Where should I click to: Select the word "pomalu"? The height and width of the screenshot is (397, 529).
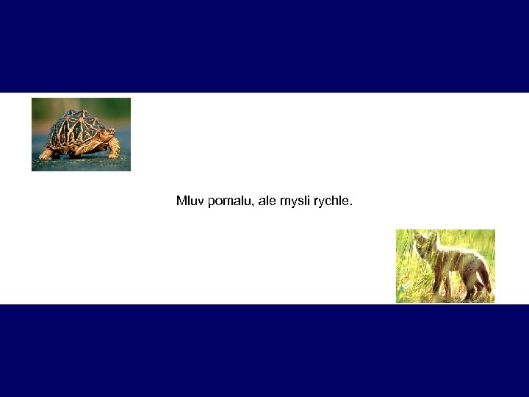229,201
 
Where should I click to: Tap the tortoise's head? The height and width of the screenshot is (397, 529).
108,136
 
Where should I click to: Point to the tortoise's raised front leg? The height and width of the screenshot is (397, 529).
113,150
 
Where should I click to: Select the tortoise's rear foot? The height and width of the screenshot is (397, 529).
46,154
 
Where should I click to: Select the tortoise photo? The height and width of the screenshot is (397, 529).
81,134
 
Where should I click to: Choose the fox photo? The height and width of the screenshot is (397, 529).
445,265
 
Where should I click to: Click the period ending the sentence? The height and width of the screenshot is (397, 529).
351,204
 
